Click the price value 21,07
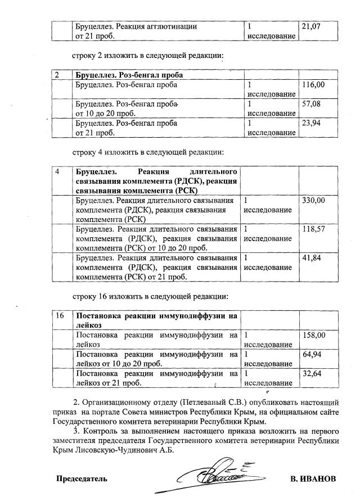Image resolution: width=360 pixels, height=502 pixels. coord(311,26)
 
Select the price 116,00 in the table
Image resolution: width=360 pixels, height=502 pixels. coord(313,85)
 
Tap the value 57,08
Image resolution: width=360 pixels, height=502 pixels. coord(311,105)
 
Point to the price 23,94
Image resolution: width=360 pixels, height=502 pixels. coord(311,124)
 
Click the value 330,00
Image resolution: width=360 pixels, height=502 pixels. coord(313,200)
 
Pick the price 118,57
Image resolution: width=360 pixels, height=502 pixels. coord(313,229)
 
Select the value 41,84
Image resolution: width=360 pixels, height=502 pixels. coord(311,257)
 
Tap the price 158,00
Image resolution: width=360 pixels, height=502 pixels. coord(313,335)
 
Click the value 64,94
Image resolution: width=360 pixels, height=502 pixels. coord(311,355)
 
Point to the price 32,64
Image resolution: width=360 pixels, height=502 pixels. coord(311,374)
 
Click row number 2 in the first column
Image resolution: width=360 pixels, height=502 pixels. coord(57,75)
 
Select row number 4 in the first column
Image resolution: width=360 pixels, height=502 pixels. coord(57,171)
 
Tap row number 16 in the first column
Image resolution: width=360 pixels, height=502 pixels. coord(60,316)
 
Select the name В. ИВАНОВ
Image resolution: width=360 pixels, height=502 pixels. coord(313,479)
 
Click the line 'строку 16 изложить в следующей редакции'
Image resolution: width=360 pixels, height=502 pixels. coord(149,296)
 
